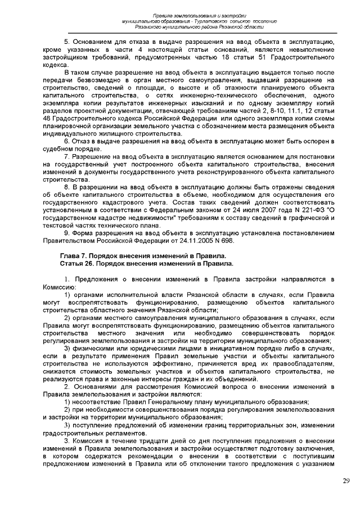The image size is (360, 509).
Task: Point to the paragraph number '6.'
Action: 66,139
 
